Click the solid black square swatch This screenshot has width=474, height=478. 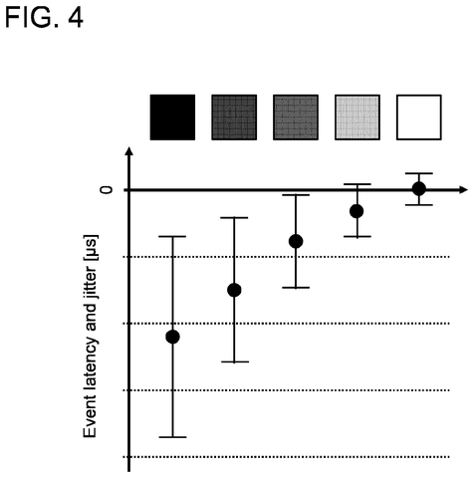click(x=172, y=118)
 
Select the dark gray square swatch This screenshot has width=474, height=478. click(x=234, y=118)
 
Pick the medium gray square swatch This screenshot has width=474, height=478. click(x=296, y=118)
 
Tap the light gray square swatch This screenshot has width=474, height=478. click(x=357, y=118)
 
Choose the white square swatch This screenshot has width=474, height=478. click(x=419, y=118)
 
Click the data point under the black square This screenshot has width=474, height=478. click(x=172, y=337)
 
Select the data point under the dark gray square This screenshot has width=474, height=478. click(x=234, y=290)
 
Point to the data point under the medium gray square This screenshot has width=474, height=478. click(x=296, y=241)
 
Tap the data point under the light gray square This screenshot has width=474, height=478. click(x=356, y=211)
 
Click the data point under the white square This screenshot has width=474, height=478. click(x=419, y=189)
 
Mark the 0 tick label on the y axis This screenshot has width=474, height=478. click(x=107, y=190)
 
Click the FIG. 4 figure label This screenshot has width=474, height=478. click(x=44, y=18)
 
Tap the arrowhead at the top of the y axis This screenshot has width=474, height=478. click(x=129, y=150)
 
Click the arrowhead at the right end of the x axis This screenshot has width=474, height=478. click(x=463, y=190)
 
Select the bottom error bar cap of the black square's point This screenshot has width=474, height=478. click(x=172, y=437)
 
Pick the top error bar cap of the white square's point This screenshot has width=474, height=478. click(x=419, y=173)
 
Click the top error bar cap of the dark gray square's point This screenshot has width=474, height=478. click(x=234, y=218)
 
